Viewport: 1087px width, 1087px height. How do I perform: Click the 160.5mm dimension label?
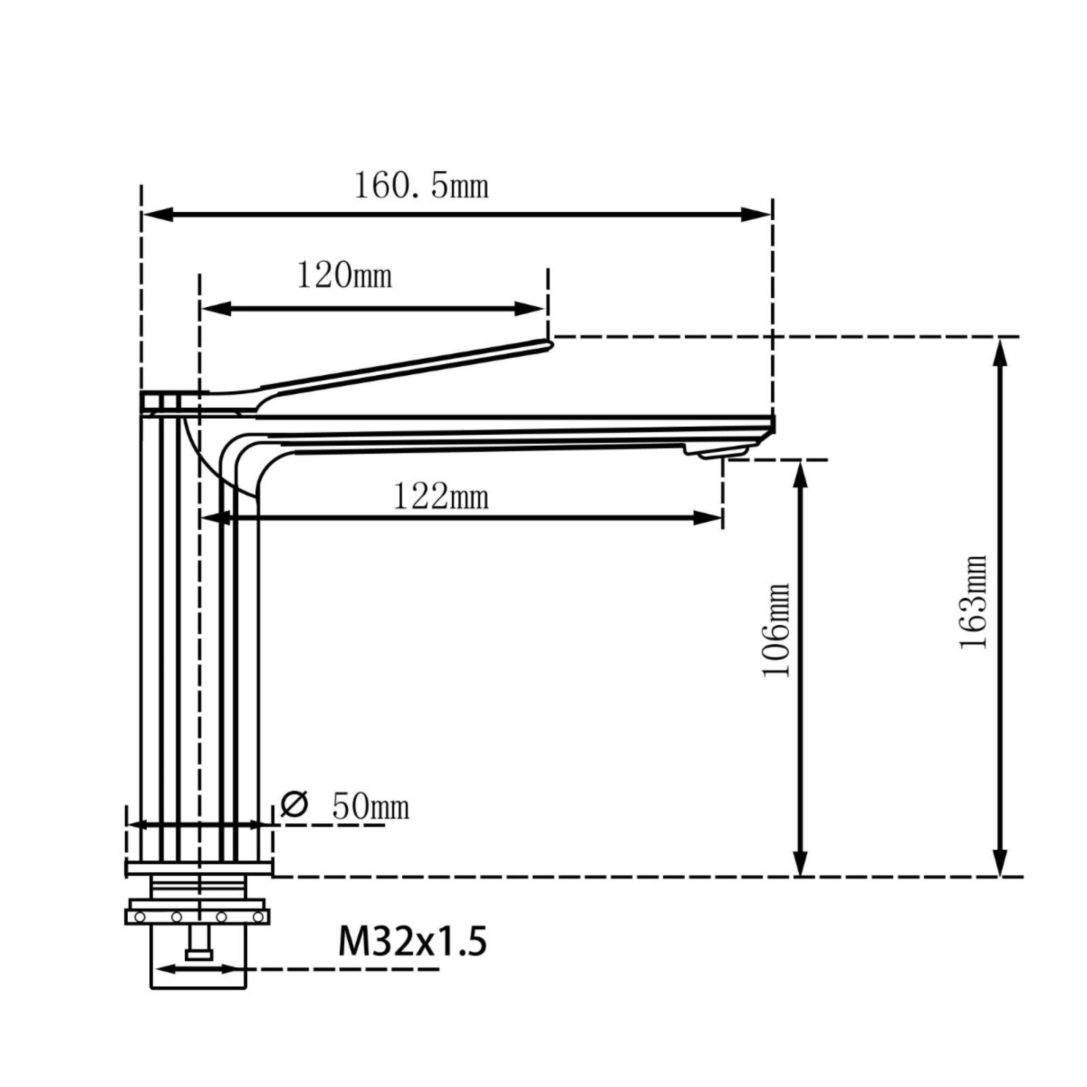click(421, 186)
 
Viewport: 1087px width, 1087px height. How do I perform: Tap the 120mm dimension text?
click(344, 275)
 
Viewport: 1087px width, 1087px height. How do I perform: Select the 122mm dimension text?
click(441, 497)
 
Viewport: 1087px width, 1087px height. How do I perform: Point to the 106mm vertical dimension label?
click(777, 630)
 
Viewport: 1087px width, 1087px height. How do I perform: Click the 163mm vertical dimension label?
click(974, 602)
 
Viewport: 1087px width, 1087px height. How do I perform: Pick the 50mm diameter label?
click(370, 807)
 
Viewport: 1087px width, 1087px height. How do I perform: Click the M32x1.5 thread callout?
click(412, 942)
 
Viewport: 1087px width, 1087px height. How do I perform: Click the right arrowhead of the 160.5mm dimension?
click(756, 214)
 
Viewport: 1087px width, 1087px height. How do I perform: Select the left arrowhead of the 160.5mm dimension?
click(158, 214)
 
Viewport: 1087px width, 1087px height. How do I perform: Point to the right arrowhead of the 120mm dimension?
click(529, 309)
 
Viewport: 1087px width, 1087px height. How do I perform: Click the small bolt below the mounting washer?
click(199, 946)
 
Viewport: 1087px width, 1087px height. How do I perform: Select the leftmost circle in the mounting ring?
click(140, 918)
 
